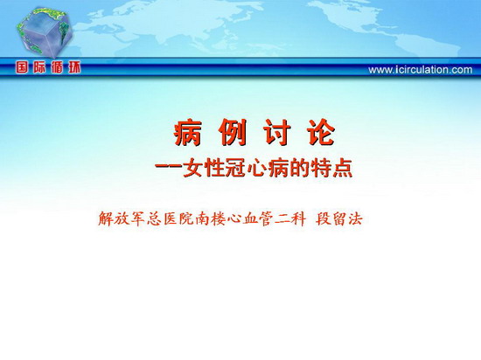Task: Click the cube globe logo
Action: click(x=45, y=32)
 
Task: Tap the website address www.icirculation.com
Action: click(x=421, y=70)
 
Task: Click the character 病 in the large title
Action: click(x=188, y=132)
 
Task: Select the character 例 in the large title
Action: click(x=233, y=132)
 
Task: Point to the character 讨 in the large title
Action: click(x=277, y=132)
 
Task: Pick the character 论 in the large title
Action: click(x=322, y=132)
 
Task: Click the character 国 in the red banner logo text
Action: click(x=22, y=67)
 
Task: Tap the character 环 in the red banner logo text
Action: click(x=74, y=67)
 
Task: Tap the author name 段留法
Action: click(x=339, y=218)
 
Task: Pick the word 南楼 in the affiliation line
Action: click(x=210, y=218)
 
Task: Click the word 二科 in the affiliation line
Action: click(x=290, y=218)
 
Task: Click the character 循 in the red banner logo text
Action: click(x=57, y=67)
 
